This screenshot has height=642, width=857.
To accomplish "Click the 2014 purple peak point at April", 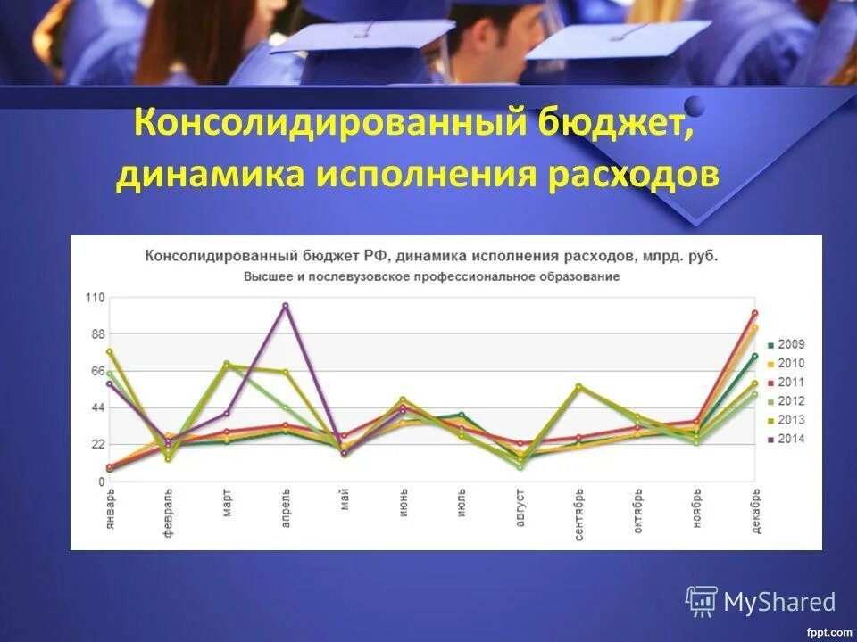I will point(286,306).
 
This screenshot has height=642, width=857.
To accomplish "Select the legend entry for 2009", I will point(786,344).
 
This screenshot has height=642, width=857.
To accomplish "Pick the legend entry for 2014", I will point(786,439).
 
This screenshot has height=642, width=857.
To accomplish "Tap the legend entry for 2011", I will point(786,382).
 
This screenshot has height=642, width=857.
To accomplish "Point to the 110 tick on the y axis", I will point(95,297).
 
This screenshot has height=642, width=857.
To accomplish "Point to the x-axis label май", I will point(345,500).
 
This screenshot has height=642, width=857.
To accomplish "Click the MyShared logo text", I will point(778,602).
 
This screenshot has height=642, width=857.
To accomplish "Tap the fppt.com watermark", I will point(829,632).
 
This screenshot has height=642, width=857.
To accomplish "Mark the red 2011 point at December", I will point(754,313).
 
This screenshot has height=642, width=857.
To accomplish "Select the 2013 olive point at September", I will point(578,386).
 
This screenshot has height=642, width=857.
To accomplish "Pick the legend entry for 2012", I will point(786,401).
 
